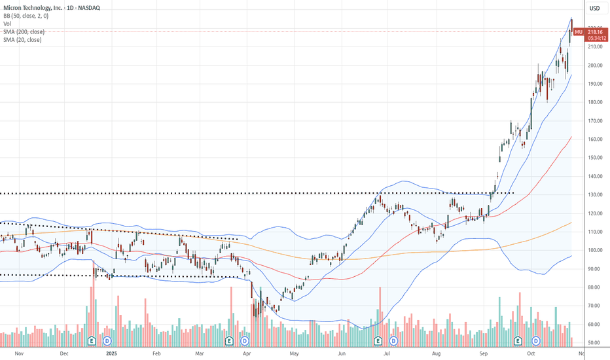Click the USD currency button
[594, 9]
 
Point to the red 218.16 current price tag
[596, 31]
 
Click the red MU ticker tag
[579, 31]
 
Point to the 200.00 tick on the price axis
[595, 65]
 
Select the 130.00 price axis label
[595, 194]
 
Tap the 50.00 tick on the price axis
[594, 342]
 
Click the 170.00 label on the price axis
[595, 120]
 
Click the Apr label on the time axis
[246, 353]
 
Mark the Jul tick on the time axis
[387, 353]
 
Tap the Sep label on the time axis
[484, 353]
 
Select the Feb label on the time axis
[156, 353]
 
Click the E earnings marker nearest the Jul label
[378, 341]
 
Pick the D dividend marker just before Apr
[245, 341]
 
